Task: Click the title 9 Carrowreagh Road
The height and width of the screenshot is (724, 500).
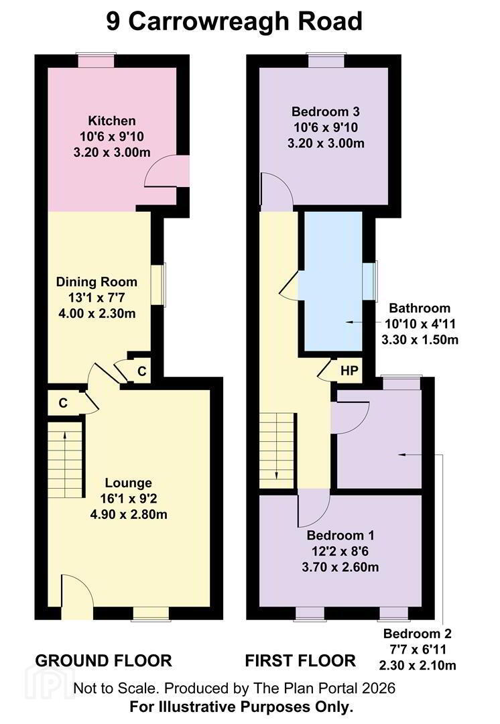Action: click(x=234, y=21)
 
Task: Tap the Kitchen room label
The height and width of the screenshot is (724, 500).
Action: click(x=112, y=121)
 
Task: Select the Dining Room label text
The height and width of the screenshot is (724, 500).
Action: click(x=97, y=282)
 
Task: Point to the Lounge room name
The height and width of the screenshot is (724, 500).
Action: click(x=128, y=483)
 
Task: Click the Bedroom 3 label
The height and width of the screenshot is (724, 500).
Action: click(x=326, y=112)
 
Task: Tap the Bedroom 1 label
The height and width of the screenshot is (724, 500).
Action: click(x=340, y=536)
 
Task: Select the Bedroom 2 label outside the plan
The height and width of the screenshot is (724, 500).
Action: click(x=418, y=633)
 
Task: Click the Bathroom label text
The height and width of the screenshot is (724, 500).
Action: click(x=420, y=308)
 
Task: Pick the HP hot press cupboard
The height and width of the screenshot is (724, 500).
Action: click(x=349, y=370)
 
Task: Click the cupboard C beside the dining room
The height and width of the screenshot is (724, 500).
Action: click(x=141, y=371)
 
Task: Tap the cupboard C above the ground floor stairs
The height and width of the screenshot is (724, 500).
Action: click(x=63, y=403)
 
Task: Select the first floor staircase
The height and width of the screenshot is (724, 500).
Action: click(x=277, y=450)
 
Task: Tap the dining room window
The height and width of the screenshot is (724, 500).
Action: click(x=158, y=285)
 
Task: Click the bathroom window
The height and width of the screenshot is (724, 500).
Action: click(x=370, y=281)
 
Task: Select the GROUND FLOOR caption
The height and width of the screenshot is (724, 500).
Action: click(x=103, y=661)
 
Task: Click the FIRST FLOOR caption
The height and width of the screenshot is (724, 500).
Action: click(x=300, y=661)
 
